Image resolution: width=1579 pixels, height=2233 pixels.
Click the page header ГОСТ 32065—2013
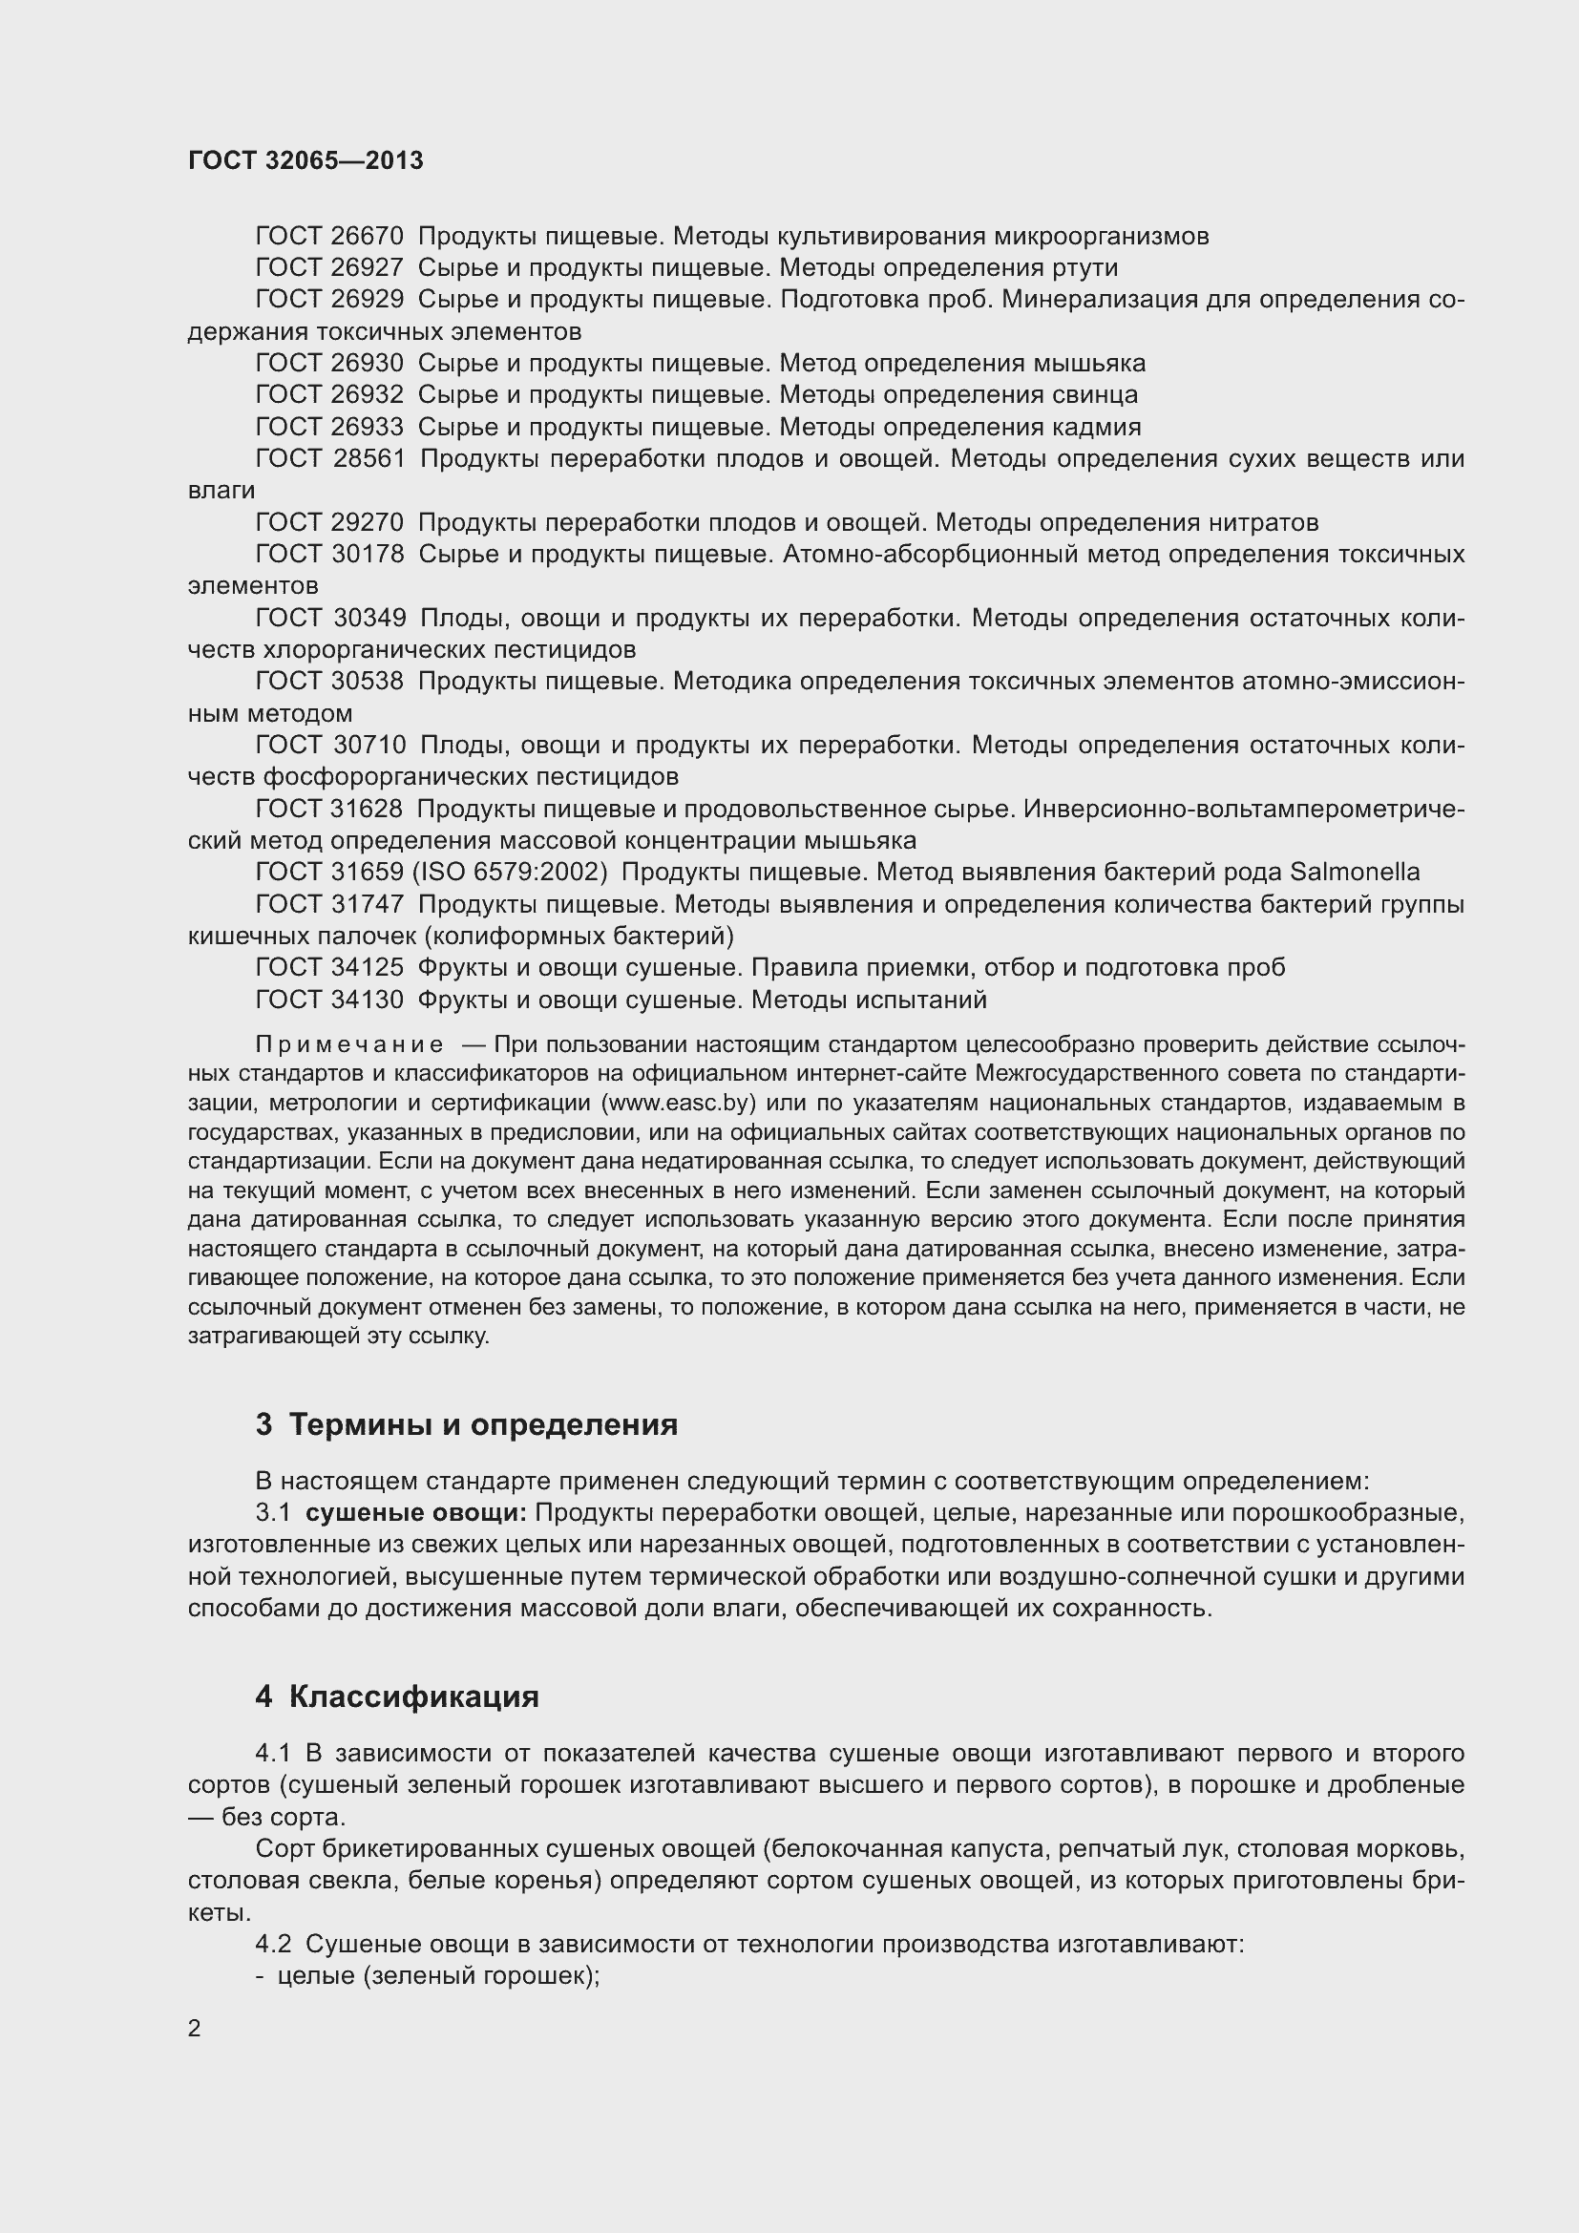point(305,160)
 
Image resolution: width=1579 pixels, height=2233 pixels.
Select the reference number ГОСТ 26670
point(328,237)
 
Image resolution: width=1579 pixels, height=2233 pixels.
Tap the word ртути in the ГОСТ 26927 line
point(1085,267)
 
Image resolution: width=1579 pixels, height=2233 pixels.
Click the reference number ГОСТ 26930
point(328,364)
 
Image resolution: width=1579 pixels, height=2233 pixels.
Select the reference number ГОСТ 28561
point(329,459)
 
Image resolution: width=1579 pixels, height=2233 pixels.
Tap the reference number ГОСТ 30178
point(329,555)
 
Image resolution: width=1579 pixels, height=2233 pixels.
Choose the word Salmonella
point(1355,873)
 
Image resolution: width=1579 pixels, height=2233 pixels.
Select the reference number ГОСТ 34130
point(328,1000)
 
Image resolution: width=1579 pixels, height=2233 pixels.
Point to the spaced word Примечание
point(349,1045)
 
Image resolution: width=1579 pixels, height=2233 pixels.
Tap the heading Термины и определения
point(483,1424)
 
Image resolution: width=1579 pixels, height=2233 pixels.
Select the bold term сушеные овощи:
point(415,1513)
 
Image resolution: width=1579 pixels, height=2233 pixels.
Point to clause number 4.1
point(273,1754)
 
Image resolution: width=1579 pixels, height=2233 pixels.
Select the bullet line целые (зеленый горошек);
point(438,1976)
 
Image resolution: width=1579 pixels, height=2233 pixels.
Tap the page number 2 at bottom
point(195,2029)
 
